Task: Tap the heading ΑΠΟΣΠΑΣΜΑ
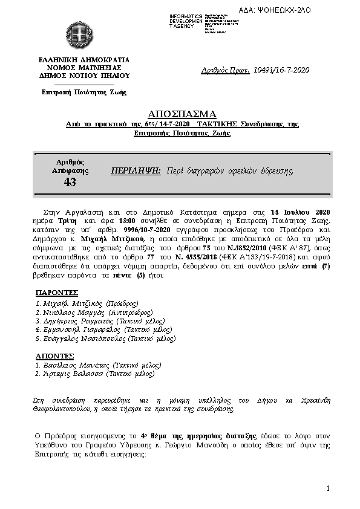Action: coord(182,114)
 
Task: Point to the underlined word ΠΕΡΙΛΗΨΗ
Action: coord(136,171)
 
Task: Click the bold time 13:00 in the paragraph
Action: coord(118,222)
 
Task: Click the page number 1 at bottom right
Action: coord(327,488)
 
